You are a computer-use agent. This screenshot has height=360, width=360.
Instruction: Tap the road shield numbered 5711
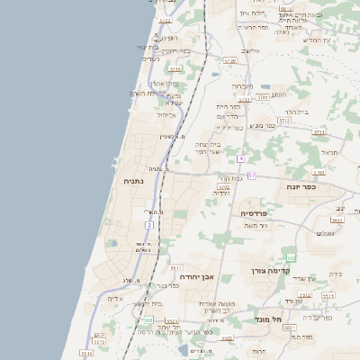click(x=319, y=132)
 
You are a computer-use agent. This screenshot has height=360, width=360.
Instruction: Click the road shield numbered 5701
click(x=262, y=95)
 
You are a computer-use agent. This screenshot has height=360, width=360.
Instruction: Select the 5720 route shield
click(x=229, y=61)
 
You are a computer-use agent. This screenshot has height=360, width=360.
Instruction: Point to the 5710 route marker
click(x=175, y=68)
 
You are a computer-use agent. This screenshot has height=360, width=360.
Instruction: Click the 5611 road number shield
click(x=175, y=267)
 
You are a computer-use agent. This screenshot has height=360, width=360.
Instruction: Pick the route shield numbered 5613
click(x=337, y=220)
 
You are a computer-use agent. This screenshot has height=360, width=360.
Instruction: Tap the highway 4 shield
click(x=242, y=159)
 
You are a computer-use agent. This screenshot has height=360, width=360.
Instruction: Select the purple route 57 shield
click(x=253, y=175)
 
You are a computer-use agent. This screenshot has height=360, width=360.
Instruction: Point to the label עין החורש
click(x=317, y=40)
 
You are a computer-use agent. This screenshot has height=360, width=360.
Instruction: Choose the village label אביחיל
click(x=166, y=115)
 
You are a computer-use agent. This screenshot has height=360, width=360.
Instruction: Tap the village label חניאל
click(x=328, y=152)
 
